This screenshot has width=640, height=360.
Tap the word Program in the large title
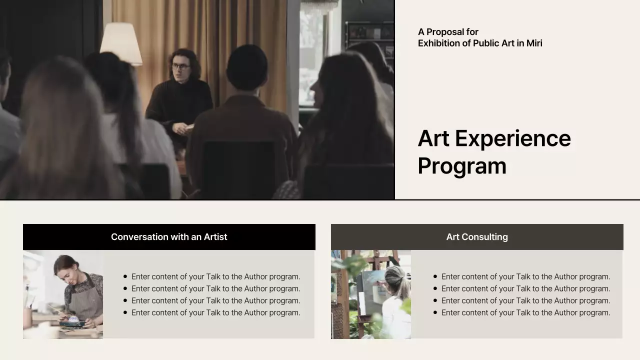click(x=462, y=166)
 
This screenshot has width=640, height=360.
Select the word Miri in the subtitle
click(x=534, y=43)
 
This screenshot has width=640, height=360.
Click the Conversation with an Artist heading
click(x=169, y=237)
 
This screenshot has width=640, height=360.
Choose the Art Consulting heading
click(x=477, y=237)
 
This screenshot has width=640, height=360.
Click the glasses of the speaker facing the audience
click(x=180, y=66)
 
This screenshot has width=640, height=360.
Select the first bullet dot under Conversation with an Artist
click(x=125, y=276)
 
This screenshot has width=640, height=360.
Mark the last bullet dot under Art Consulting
click(x=435, y=312)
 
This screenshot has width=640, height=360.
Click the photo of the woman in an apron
click(x=63, y=294)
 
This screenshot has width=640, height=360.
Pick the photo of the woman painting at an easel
click(x=371, y=294)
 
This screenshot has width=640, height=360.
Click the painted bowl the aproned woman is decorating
click(x=73, y=319)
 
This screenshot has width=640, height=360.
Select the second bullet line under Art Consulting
click(x=525, y=288)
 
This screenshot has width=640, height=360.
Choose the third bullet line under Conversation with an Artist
click(x=215, y=300)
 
